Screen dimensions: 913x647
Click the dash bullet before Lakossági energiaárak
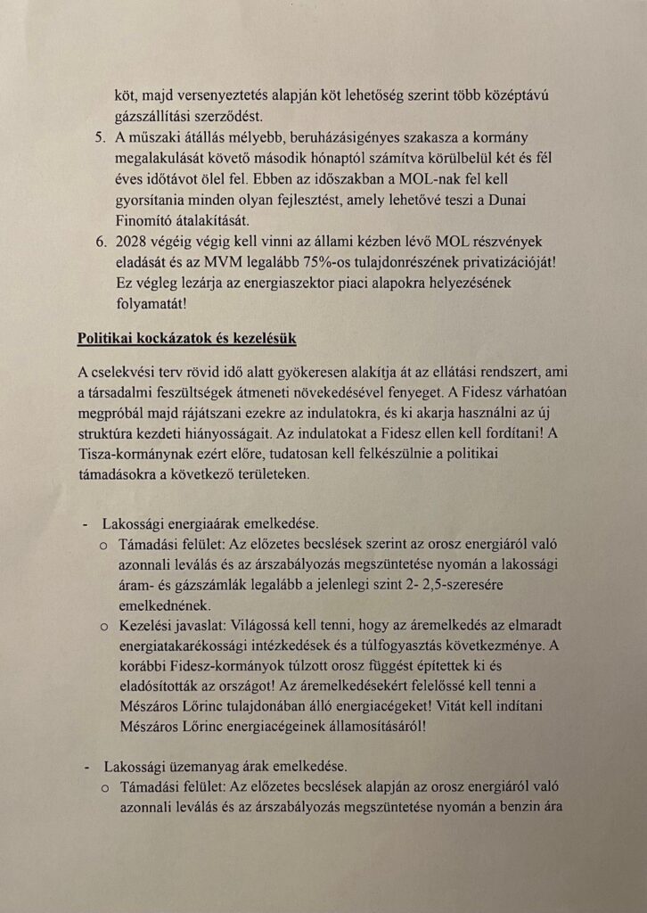pos(86,522)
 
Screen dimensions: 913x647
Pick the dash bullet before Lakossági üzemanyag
pos(86,766)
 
